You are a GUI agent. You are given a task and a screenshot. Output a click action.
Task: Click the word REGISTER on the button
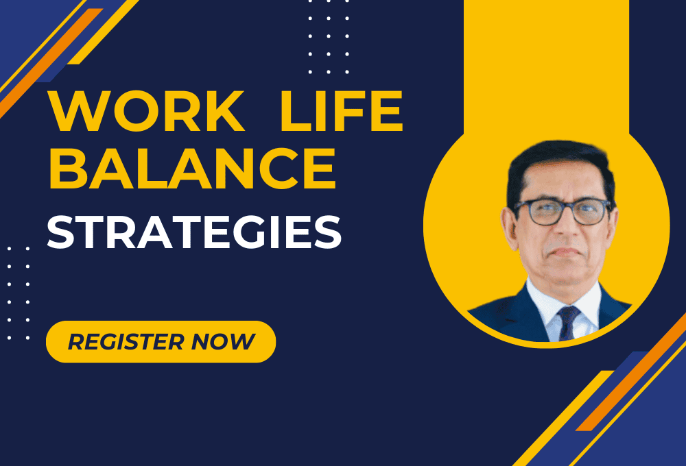click(x=125, y=341)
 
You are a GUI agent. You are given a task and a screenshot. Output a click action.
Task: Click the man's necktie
click(x=567, y=323)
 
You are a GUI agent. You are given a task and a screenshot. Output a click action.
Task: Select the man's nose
click(x=564, y=230)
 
